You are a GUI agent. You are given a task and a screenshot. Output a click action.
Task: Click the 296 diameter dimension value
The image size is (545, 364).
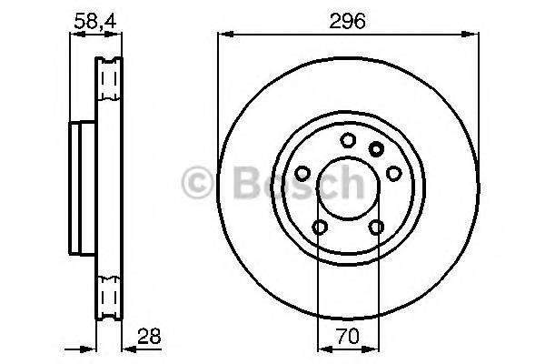point(349,22)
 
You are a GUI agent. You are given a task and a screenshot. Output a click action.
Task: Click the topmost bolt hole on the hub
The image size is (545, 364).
point(348,139)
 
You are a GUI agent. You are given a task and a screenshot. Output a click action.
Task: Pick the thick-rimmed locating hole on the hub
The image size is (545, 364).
point(377,147)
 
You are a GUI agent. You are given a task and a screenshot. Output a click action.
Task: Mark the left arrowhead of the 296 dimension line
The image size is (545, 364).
point(223,35)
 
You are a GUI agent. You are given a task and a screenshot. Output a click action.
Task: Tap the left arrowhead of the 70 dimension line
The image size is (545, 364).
point(321,346)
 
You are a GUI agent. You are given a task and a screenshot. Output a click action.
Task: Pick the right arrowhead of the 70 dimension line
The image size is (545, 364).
point(372,346)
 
